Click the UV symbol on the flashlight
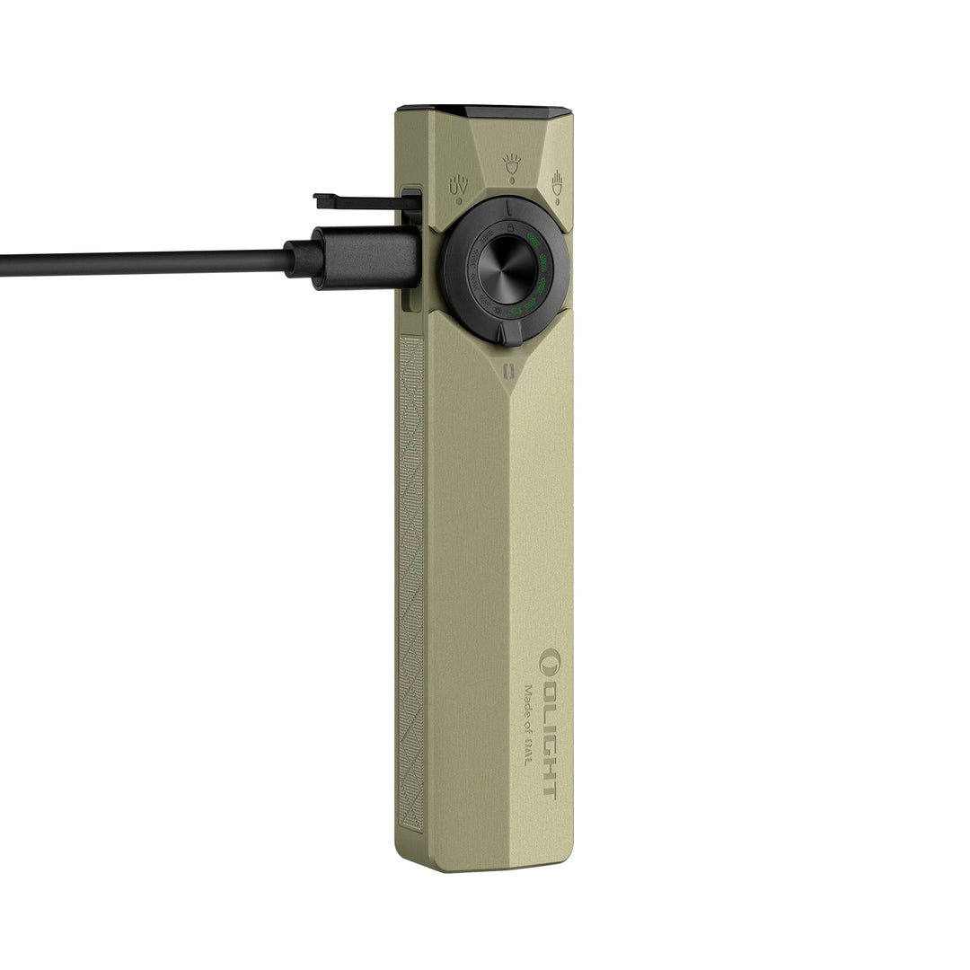click(x=458, y=184)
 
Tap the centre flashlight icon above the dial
click(x=512, y=163)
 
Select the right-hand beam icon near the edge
click(x=557, y=181)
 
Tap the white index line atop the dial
click(x=508, y=207)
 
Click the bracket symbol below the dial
click(x=508, y=371)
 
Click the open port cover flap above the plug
click(x=364, y=201)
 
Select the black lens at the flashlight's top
click(x=485, y=112)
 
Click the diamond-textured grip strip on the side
click(x=410, y=584)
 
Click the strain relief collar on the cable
click(x=303, y=259)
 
